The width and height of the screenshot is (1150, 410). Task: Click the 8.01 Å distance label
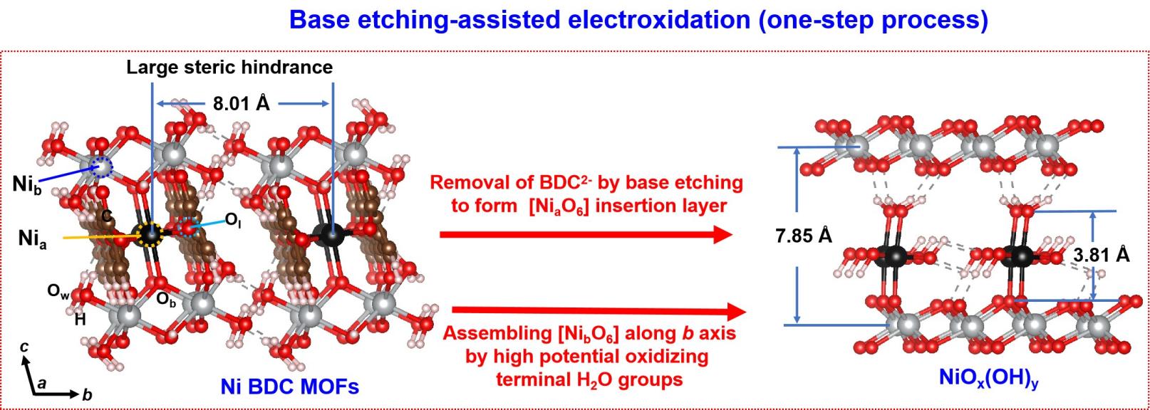coord(242,104)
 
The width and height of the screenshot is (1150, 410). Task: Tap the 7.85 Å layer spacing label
coord(804,236)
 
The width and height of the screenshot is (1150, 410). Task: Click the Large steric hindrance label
coord(229,67)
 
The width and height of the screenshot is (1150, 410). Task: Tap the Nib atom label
coord(26,185)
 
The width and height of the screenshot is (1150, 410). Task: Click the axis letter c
coord(24,347)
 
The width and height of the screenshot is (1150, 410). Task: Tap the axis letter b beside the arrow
coord(87,394)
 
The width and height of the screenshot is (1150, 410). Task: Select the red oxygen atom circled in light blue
coord(188,227)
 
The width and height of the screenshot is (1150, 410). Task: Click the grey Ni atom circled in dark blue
coord(100,167)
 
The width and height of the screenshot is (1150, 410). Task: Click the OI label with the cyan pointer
coord(233,221)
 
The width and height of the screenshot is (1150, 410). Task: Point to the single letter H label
coord(80,319)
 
